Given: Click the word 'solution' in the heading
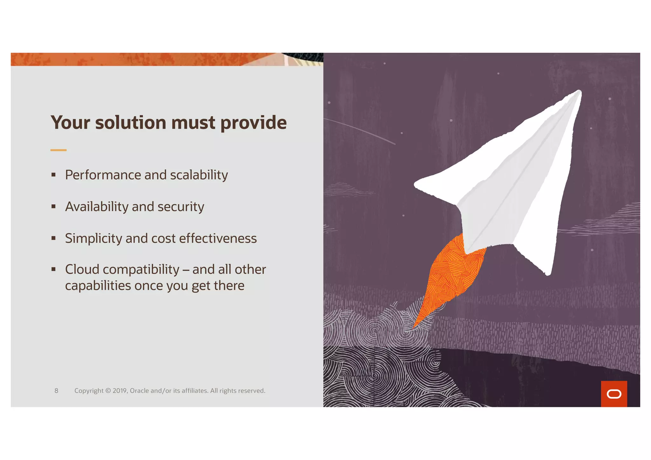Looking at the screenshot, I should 131,123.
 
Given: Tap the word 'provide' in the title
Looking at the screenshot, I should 253,123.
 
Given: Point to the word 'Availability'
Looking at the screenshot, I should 97,207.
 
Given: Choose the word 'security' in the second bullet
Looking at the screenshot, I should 181,207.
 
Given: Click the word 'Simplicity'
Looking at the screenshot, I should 93,238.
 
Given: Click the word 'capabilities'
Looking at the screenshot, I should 98,286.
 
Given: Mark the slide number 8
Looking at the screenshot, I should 56,391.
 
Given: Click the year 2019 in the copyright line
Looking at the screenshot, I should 120,391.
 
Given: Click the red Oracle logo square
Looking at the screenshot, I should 614,394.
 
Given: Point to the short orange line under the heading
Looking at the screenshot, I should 58,150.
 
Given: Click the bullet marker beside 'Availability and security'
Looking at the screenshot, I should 53,207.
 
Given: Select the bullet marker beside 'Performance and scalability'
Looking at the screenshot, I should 53,175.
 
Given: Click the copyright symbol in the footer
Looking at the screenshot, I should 108,391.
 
